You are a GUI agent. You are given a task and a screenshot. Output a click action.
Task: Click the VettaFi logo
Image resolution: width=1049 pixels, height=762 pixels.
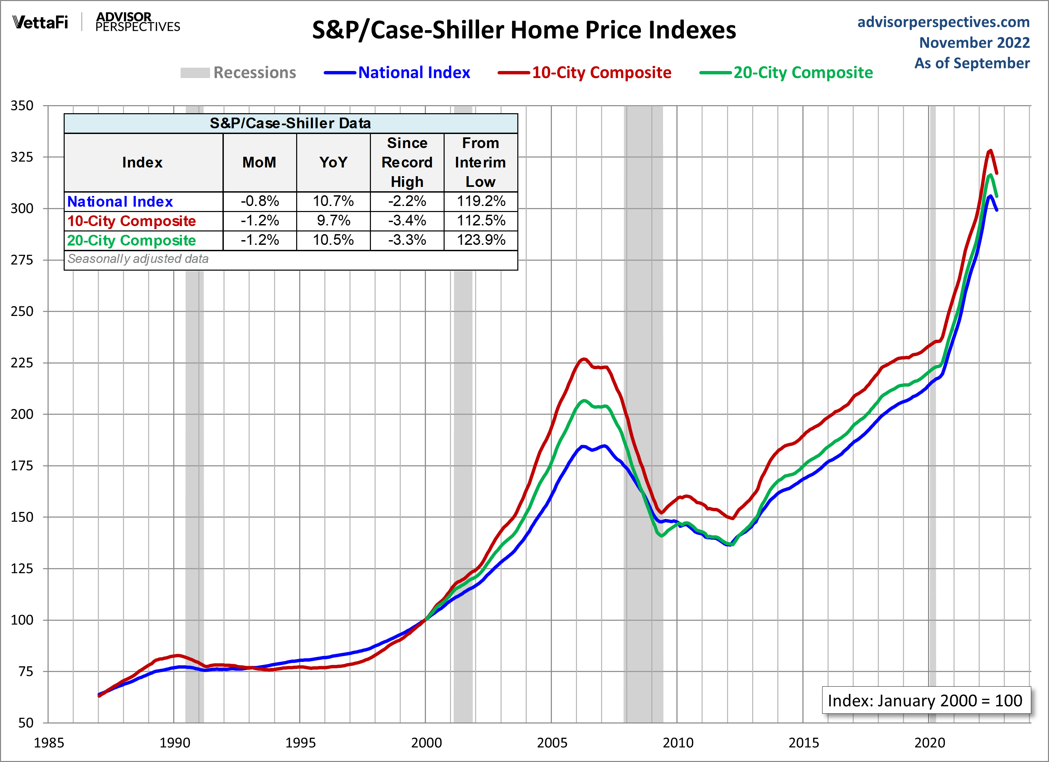[x=40, y=22]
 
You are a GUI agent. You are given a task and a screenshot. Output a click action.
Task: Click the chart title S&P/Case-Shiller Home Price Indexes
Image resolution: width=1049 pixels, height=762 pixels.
[x=524, y=30]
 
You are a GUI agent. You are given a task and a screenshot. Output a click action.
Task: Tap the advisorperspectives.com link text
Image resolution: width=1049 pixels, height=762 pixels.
[x=943, y=22]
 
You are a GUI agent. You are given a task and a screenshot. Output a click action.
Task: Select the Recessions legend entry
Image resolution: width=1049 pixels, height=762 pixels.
[x=239, y=73]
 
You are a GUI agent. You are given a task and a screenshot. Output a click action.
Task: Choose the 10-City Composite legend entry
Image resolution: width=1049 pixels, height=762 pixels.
[x=585, y=73]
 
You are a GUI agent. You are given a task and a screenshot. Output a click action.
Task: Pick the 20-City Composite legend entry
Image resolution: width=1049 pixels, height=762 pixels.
[x=787, y=73]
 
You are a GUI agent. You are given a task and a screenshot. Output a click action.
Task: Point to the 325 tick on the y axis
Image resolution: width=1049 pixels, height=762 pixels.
[x=22, y=157]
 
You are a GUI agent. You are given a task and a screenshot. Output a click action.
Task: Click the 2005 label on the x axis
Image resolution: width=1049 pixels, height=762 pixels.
[x=552, y=743]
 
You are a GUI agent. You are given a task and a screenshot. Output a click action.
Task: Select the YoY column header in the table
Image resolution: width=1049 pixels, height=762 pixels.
[x=333, y=162]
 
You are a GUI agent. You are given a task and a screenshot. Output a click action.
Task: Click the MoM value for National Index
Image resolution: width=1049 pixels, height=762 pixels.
[x=259, y=201]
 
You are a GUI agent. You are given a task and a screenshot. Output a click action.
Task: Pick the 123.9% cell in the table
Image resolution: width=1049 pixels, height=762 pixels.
[x=481, y=240]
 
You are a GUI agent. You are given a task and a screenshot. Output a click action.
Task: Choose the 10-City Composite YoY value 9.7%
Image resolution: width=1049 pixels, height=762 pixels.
[x=333, y=220]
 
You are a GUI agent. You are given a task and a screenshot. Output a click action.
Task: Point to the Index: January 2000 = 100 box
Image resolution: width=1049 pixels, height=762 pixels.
[x=925, y=700]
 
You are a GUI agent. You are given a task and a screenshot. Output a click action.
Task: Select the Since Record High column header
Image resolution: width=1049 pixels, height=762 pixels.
[x=407, y=162]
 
